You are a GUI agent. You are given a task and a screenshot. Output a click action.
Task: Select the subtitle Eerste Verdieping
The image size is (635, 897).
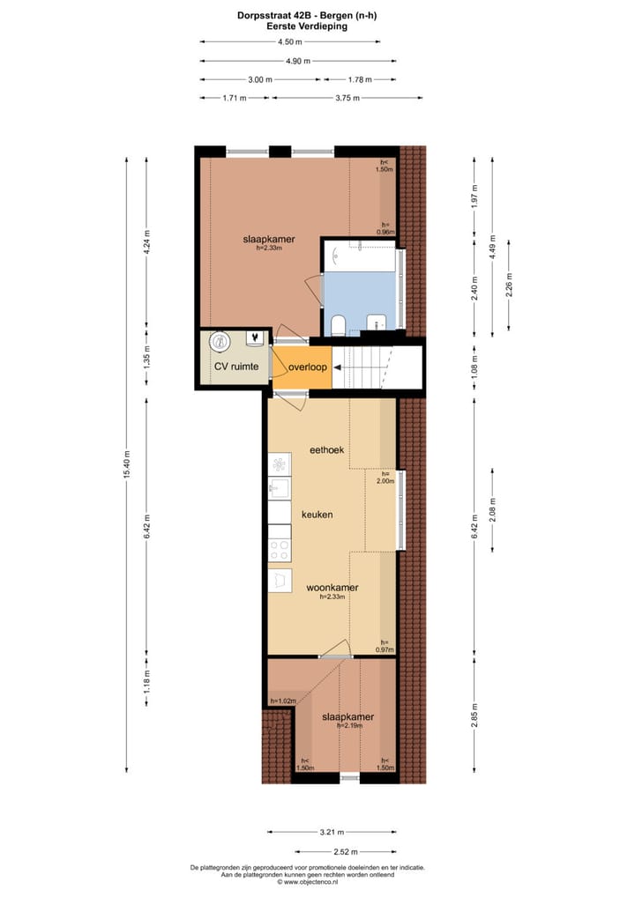pos(307,26)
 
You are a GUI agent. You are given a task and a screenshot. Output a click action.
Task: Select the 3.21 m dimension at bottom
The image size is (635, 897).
pos(331,831)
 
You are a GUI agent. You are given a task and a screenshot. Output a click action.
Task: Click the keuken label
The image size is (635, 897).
pos(317,514)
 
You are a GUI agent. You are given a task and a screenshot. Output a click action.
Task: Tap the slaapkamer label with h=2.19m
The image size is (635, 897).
pos(347,716)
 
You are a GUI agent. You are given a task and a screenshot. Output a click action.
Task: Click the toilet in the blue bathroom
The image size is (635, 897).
pos(339,325)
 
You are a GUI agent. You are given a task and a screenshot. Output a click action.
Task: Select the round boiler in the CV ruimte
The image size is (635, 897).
pos(217,340)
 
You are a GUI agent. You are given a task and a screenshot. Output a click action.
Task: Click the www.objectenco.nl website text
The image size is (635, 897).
pos(307,881)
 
